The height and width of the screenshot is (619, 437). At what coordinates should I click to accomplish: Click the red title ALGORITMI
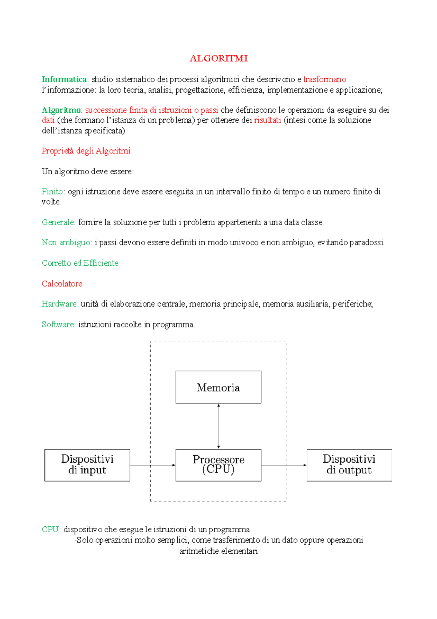point(219,58)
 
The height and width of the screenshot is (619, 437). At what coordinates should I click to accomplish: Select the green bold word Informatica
point(64,79)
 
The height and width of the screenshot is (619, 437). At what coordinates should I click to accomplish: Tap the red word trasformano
point(324,79)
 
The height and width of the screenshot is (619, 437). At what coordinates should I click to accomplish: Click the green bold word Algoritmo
point(61,110)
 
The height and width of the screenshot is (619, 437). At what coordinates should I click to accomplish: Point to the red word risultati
point(267,120)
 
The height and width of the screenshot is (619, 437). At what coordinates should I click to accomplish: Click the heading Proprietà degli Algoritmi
point(86,151)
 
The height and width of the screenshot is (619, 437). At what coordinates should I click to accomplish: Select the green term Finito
point(52,191)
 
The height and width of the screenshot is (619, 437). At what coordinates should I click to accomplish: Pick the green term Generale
point(58,222)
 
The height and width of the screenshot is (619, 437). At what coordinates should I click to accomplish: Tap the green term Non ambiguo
point(66,242)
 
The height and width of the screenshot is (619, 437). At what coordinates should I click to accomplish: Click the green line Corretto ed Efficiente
point(80,263)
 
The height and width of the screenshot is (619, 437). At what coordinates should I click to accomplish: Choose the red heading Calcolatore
point(62,283)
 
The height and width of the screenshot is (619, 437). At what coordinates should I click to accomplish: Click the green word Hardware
point(59,304)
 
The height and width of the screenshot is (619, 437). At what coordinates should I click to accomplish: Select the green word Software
point(58,324)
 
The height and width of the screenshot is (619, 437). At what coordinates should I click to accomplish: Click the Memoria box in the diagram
point(218,387)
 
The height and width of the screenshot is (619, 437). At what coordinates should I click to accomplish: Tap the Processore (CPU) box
point(218,465)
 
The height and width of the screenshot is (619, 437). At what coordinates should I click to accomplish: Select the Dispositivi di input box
point(87,465)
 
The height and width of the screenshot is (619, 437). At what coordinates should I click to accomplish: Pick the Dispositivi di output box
point(349,465)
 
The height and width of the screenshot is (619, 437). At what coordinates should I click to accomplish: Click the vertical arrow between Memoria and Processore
point(218,426)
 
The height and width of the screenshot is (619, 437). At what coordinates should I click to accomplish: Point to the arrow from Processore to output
point(284,465)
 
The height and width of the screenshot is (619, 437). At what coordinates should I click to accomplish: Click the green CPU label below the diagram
point(50,529)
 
